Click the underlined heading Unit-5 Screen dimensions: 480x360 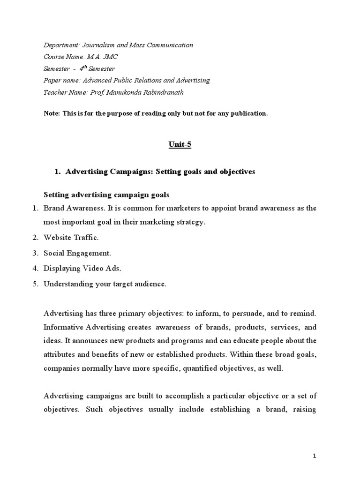tap(180, 145)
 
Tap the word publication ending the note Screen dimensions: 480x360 tap(248, 113)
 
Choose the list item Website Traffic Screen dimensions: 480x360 tap(71, 238)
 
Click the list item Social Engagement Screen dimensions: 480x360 tap(77, 253)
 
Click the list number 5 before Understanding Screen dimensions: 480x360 tap(35, 284)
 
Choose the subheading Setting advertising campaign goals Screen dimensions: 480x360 tap(106, 195)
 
